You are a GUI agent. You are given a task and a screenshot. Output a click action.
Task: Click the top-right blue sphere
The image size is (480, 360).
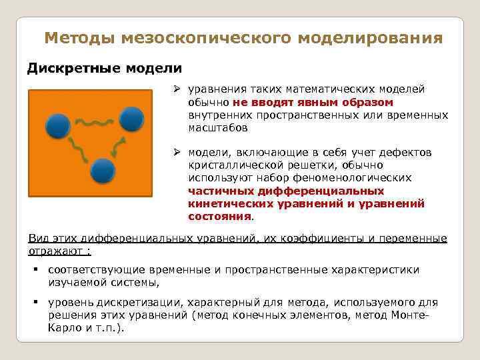(x=133, y=119)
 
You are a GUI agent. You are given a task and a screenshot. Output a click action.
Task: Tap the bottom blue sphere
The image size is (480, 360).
(x=103, y=171)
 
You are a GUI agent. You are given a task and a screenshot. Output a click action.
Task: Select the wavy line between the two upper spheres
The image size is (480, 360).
(x=93, y=121)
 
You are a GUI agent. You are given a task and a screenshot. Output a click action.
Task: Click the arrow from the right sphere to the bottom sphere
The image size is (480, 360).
(x=119, y=147)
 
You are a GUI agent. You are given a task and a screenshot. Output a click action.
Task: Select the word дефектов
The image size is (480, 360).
(x=408, y=153)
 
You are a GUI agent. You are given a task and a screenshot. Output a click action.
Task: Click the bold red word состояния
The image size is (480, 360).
(x=219, y=216)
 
